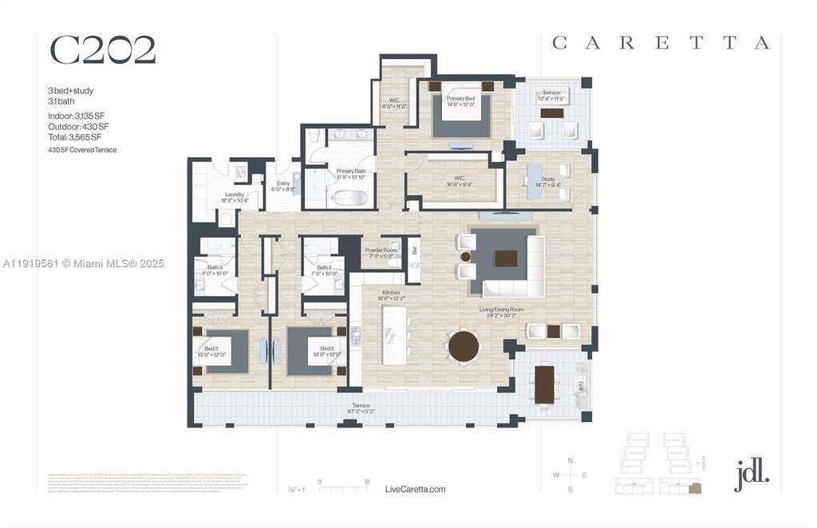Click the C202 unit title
click(x=103, y=50)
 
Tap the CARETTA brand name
click(x=661, y=43)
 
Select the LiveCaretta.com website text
click(x=415, y=489)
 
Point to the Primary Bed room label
click(x=462, y=98)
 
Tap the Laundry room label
click(x=234, y=195)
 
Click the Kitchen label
click(x=391, y=293)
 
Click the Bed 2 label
click(x=327, y=349)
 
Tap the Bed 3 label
click(x=211, y=349)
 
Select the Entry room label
click(x=283, y=183)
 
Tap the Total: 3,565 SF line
click(x=74, y=137)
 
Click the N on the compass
click(x=570, y=461)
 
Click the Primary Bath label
click(x=351, y=171)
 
